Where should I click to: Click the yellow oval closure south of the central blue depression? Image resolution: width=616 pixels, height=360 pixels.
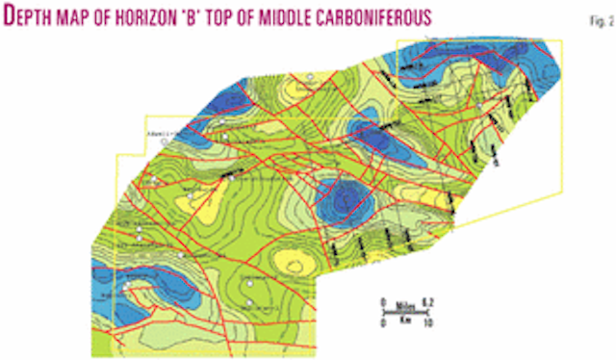[x=289, y=261]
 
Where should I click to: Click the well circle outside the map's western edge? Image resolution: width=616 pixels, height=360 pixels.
[x=164, y=141]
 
